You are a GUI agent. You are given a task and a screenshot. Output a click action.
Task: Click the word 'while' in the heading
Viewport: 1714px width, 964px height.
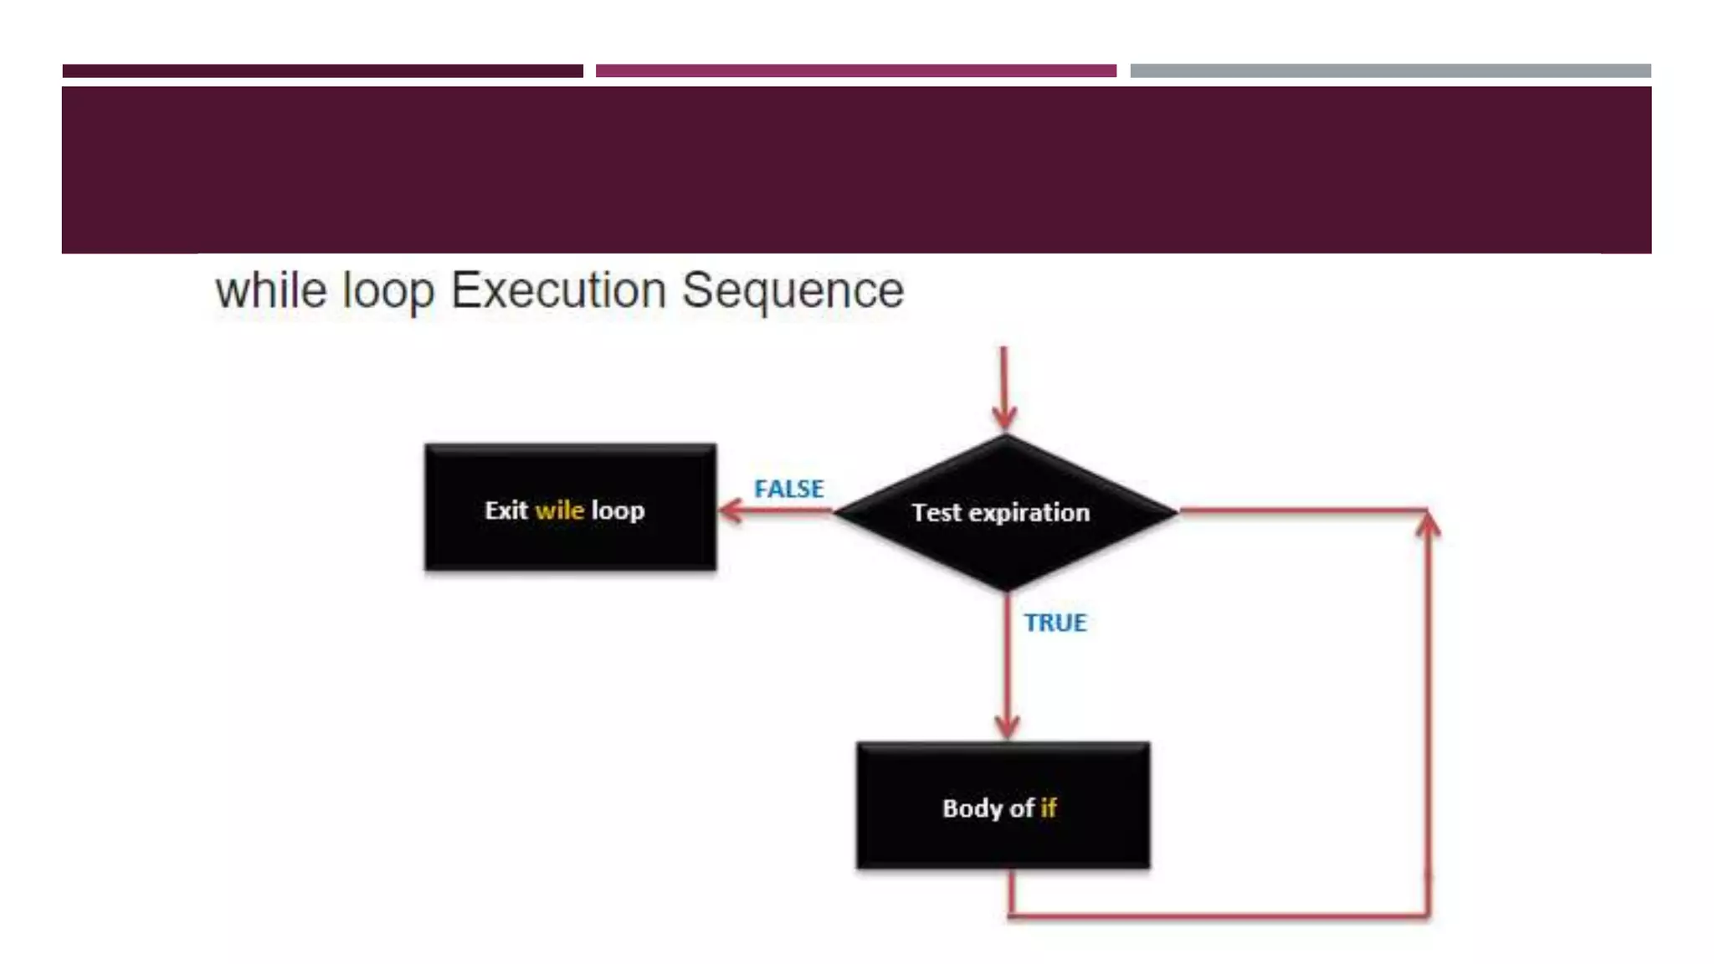pos(270,290)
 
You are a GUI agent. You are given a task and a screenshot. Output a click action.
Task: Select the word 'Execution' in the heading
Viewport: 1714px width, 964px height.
pos(558,290)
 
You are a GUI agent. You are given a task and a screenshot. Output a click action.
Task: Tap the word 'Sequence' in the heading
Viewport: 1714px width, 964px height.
pos(793,290)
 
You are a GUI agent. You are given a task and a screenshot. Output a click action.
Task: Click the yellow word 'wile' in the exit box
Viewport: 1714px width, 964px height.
pos(559,510)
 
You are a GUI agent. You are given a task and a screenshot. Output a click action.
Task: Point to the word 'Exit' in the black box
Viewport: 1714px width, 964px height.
pos(505,510)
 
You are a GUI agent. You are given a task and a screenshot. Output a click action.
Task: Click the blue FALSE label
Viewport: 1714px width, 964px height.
pos(788,489)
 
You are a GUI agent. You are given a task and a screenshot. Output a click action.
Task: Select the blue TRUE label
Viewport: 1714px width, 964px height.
pos(1055,623)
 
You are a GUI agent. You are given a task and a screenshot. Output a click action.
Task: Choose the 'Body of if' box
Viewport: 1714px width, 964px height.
pos(1003,806)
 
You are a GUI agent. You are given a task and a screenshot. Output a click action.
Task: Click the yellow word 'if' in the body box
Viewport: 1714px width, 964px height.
pos(1048,808)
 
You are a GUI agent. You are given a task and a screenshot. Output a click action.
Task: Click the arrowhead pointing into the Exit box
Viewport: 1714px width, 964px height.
pos(731,510)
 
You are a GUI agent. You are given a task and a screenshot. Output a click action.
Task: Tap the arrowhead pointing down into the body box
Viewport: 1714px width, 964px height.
pos(1007,726)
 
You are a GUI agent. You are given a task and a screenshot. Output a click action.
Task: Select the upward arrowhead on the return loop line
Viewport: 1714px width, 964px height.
pos(1429,525)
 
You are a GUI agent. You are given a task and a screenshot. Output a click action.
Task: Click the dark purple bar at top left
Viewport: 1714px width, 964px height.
pos(322,71)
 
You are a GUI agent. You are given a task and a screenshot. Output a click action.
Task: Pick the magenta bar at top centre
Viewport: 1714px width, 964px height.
pos(855,71)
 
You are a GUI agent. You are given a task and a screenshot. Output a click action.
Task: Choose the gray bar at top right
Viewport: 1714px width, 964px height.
pos(1390,71)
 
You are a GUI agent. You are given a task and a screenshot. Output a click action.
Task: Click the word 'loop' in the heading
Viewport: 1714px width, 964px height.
pos(388,292)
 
